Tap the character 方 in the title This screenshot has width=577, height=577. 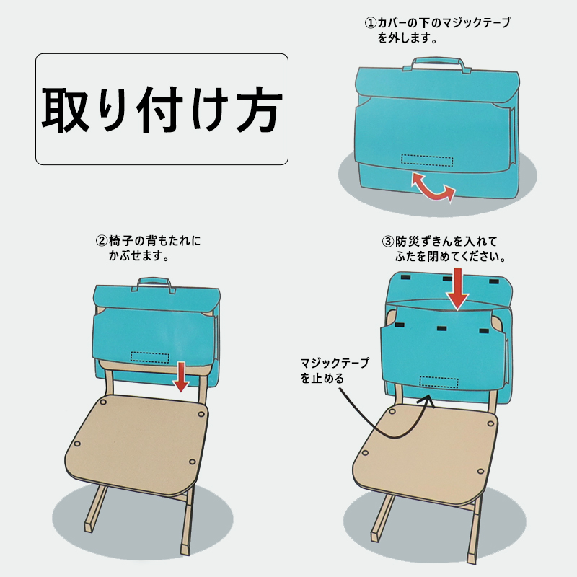pyautogui.click(x=257, y=110)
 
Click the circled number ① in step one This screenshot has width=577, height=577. pyautogui.click(x=369, y=23)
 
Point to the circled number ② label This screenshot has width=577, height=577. pyautogui.click(x=102, y=240)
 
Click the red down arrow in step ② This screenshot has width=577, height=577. pyautogui.click(x=181, y=377)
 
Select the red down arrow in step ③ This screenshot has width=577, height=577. pyautogui.click(x=455, y=289)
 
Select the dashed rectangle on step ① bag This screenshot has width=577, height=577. pyautogui.click(x=426, y=159)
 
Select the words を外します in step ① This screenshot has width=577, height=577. pyautogui.click(x=408, y=38)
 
